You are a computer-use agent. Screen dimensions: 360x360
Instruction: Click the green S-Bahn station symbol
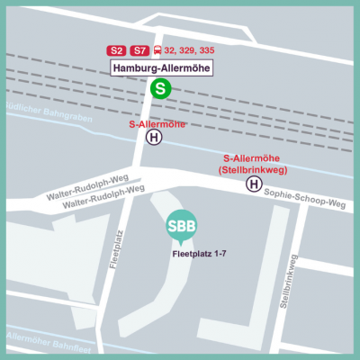pos(160,88)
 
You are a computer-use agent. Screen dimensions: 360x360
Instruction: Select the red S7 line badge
pos(139,50)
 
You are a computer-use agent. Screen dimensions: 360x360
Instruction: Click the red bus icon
pos(158,50)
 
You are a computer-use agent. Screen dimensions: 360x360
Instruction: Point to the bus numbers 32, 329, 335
pos(189,50)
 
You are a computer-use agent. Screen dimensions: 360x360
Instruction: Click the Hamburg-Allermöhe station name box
pos(160,67)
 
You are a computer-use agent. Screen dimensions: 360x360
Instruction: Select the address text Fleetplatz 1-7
pos(202,253)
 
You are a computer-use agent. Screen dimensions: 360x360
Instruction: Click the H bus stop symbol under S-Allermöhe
pos(155,138)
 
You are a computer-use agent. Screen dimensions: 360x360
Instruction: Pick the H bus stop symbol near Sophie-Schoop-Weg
pos(255,184)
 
